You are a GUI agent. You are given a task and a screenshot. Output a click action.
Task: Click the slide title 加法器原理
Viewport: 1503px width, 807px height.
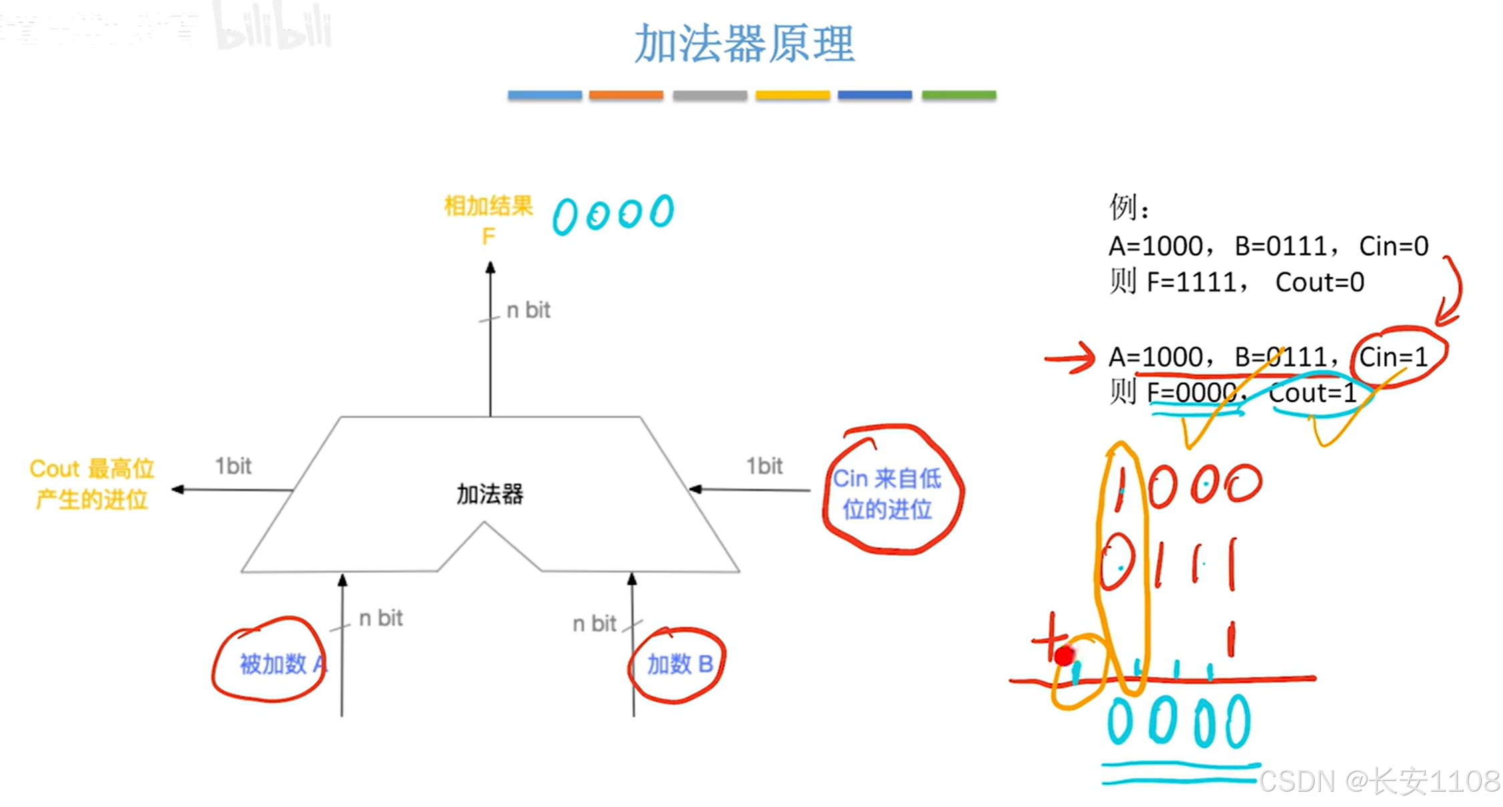(x=744, y=44)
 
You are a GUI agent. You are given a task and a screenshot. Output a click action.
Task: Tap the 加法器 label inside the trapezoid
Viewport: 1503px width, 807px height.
(x=489, y=494)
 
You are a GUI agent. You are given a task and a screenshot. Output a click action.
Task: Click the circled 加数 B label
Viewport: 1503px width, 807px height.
(x=680, y=664)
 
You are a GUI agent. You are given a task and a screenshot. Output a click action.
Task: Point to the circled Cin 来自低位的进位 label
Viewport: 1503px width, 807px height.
(x=887, y=494)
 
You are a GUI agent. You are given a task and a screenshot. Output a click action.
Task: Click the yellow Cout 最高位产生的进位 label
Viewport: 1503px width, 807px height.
(x=92, y=484)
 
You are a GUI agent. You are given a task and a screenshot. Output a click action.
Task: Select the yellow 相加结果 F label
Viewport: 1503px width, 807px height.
(x=489, y=219)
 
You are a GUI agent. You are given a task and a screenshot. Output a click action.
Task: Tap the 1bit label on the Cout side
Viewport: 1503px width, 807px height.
(x=233, y=466)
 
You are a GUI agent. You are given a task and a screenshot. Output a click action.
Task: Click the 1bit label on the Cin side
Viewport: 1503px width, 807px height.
(x=764, y=466)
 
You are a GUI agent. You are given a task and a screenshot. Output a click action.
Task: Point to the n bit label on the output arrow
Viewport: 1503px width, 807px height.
(x=528, y=310)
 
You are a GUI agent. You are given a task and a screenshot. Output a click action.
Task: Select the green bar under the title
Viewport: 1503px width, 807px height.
(x=959, y=95)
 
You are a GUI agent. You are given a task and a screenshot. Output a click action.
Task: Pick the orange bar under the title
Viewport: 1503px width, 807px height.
(x=626, y=95)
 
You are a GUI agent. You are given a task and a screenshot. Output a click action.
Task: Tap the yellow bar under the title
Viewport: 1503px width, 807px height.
(x=793, y=95)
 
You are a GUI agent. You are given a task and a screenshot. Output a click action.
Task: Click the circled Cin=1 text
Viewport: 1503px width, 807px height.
(x=1393, y=357)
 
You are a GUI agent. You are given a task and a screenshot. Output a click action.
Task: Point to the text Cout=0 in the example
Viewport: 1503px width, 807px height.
(x=1319, y=282)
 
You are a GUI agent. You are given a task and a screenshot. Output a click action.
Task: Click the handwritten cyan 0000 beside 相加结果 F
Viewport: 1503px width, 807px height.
(x=613, y=214)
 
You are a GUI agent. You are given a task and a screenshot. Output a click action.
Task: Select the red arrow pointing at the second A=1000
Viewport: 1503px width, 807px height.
(x=1070, y=358)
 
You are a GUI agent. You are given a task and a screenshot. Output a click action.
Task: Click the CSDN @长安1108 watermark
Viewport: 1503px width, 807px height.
(x=1379, y=780)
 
